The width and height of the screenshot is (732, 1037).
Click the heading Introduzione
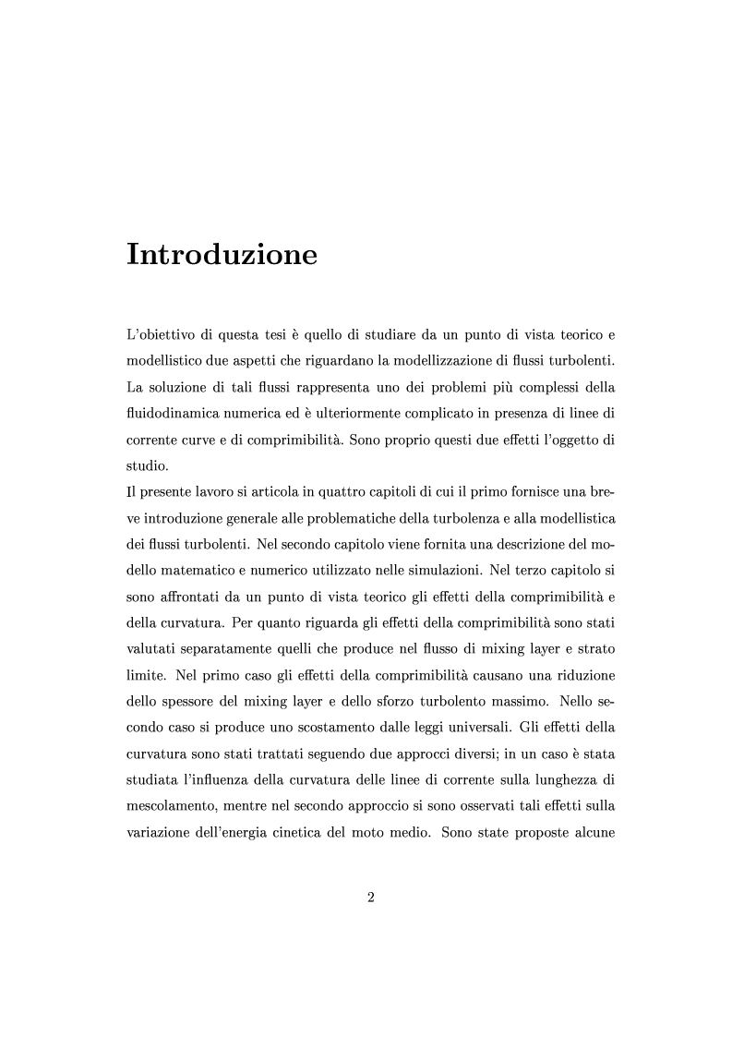point(222,254)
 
